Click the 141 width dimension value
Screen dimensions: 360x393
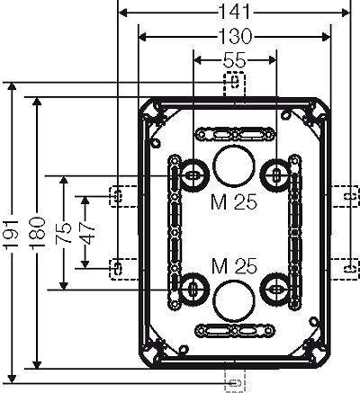click(235, 12)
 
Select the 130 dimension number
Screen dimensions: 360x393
click(235, 36)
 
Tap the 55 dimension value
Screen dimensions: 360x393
click(234, 59)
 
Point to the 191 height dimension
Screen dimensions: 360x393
click(13, 234)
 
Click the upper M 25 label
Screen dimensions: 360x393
click(234, 202)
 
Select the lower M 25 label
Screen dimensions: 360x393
click(234, 266)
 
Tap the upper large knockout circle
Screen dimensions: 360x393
click(234, 166)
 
